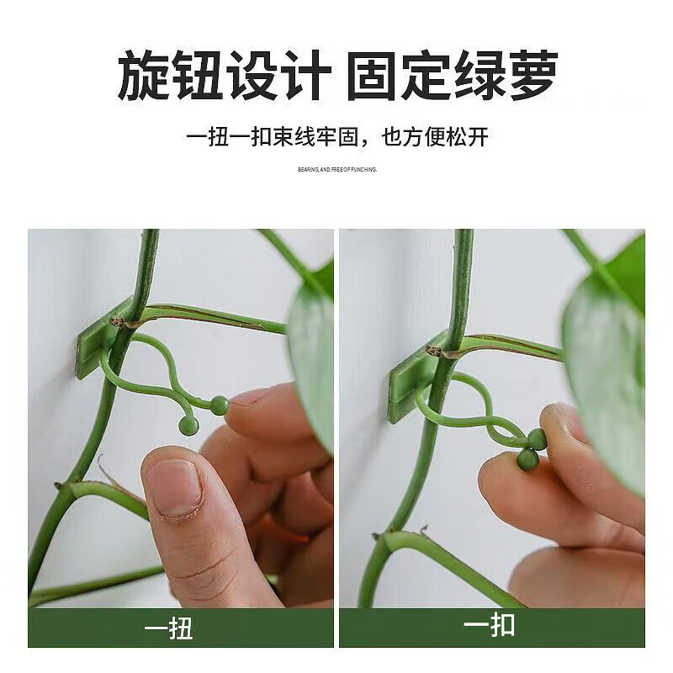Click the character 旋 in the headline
[x=143, y=75]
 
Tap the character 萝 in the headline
[x=529, y=75]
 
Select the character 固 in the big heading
[x=372, y=75]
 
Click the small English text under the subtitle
[x=336, y=169]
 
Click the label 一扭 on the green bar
[x=169, y=628]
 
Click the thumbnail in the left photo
[x=174, y=490]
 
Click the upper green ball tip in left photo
[x=220, y=405]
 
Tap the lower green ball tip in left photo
[x=189, y=426]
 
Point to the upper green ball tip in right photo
[x=537, y=438]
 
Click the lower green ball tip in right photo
[x=527, y=459]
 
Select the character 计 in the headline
[x=299, y=75]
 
